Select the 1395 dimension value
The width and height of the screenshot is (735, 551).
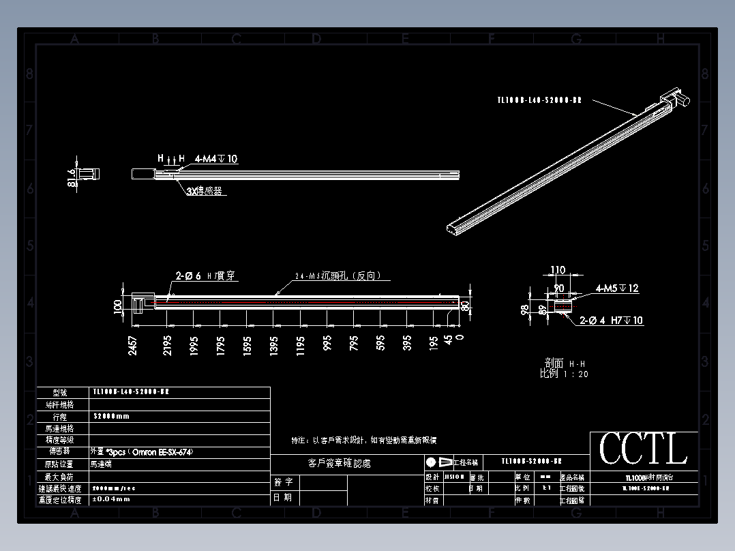274,345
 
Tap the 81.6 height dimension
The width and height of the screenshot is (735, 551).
72,180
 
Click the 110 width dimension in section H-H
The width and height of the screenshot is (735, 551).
558,271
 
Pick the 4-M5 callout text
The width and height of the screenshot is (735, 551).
617,288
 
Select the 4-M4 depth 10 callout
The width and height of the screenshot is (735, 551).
216,159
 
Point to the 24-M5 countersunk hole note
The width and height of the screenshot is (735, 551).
337,276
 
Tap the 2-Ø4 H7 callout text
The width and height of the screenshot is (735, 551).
611,320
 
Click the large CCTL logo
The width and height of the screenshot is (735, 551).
643,449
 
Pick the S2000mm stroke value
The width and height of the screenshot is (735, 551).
110,416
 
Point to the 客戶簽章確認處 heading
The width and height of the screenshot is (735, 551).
340,464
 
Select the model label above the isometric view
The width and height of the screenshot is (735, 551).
539,100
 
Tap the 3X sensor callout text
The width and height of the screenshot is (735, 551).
205,192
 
